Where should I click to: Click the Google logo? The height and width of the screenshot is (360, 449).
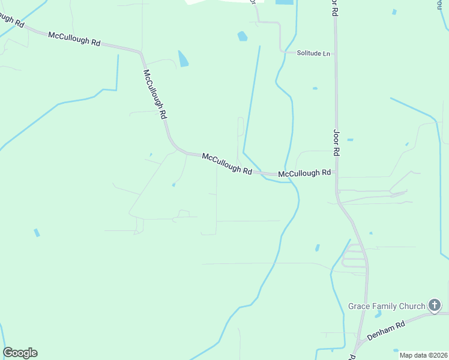pyautogui.click(x=20, y=353)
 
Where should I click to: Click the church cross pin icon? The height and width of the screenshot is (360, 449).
pyautogui.click(x=435, y=306)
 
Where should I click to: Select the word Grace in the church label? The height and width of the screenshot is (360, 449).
pyautogui.click(x=359, y=306)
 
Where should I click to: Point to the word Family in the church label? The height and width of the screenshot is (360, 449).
pyautogui.click(x=385, y=306)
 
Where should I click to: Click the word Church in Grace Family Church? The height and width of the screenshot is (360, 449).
pyautogui.click(x=412, y=306)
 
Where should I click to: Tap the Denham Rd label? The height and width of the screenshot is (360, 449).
pyautogui.click(x=387, y=331)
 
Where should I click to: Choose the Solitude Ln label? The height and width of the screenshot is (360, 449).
pyautogui.click(x=314, y=53)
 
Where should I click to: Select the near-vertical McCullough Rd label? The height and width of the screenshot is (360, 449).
pyautogui.click(x=154, y=94)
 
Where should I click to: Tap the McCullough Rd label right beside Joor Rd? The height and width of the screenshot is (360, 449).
pyautogui.click(x=305, y=173)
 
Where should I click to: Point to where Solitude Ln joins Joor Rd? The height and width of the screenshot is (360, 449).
pyautogui.click(x=335, y=53)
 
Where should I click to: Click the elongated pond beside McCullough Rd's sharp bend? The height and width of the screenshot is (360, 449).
pyautogui.click(x=183, y=58)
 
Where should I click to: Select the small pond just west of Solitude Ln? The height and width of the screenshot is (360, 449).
pyautogui.click(x=242, y=36)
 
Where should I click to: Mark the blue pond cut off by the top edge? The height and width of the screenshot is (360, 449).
pyautogui.click(x=285, y=2)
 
